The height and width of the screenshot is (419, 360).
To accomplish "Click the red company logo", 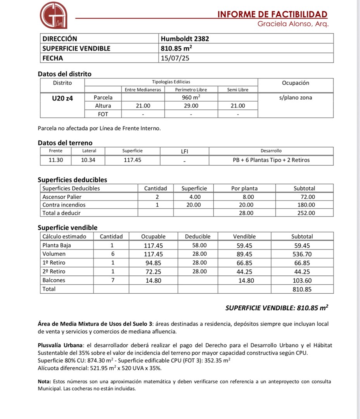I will point(54,15).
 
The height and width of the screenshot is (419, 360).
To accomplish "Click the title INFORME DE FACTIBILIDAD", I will point(272,15).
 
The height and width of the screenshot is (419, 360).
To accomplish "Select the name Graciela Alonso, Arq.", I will point(293,24).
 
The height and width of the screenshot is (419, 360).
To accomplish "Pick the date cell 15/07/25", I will point(175,58).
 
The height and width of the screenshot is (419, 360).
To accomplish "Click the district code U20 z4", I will point(62,98).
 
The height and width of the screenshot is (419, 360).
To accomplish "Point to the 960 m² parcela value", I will point(191,97).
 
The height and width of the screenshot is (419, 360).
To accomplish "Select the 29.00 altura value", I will point(191,106).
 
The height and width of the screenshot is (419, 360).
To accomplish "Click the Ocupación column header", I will point(296,83).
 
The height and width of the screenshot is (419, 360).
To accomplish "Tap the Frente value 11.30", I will point(55,160).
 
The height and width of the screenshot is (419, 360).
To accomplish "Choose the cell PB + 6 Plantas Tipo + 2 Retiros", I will point(268,160).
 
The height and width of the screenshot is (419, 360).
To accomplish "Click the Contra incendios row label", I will point(64,205).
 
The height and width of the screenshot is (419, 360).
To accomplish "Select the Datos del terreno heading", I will point(65,143).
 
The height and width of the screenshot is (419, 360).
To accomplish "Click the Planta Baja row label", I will point(57,245).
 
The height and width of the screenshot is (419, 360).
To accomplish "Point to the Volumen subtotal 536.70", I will point(302,254).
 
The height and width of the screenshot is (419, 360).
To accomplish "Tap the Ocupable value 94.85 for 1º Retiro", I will point(153,263).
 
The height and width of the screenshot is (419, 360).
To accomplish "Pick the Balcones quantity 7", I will point(112,280).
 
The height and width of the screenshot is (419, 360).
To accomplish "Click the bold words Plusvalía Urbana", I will point(61,345).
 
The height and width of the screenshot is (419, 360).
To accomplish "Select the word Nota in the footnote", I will point(44,382).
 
